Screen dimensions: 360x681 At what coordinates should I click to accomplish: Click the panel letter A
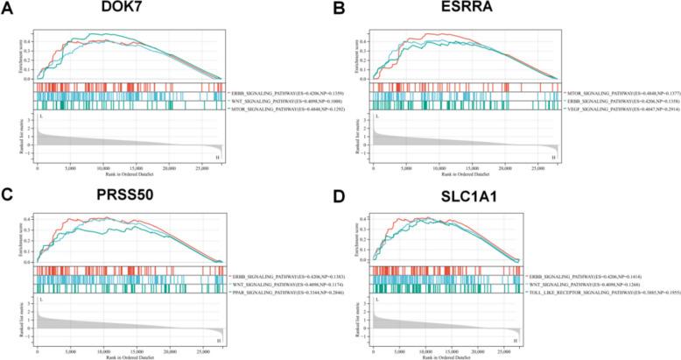pyautogui.click(x=7, y=7)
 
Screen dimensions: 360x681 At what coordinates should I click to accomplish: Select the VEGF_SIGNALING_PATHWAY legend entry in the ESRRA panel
pyautogui.click(x=610, y=109)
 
